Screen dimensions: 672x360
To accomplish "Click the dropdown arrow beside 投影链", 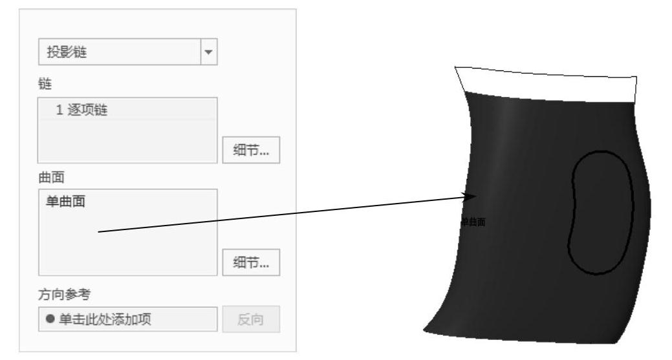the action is pos(208,52).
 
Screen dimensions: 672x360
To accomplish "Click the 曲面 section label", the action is pos(48,175).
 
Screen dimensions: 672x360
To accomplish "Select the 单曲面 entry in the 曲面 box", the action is pos(67,202).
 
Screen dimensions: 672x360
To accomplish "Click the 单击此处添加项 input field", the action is pos(128,319).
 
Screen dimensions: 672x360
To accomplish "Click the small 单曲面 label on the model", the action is pos(473,222).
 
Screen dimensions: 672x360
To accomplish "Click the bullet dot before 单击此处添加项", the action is pos(50,319).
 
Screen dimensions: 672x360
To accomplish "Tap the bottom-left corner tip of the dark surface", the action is pos(425,332).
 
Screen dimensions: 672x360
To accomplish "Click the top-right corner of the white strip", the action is pos(636,76).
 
